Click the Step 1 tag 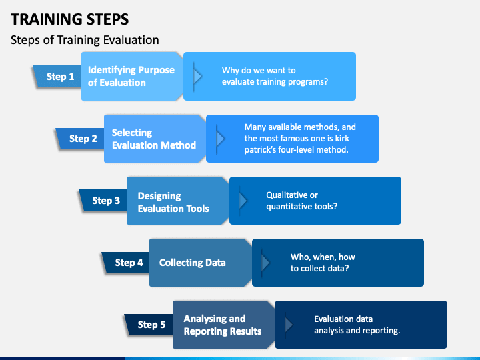57,77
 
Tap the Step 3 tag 103,201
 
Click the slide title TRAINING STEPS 70,19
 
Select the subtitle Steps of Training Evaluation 85,40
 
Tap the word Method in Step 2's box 179,145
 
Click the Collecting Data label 192,263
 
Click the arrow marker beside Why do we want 197,77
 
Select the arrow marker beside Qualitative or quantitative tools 243,201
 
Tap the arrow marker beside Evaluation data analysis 289,325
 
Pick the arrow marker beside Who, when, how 265,263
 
